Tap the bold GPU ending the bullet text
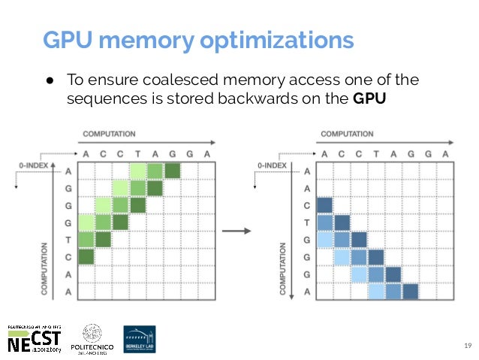pos(369,97)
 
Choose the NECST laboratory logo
pos(34,339)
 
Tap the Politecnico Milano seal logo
pos(91,339)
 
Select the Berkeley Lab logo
pos(141,340)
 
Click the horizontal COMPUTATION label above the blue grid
pos(346,135)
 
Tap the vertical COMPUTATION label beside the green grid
pos(46,268)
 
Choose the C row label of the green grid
pos(69,257)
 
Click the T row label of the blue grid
pos(306,222)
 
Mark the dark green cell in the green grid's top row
pos(173,171)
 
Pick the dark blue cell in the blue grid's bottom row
pos(409,291)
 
